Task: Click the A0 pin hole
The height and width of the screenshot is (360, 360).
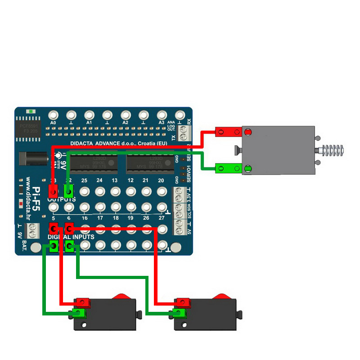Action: click(x=53, y=114)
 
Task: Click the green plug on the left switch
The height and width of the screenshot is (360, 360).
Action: click(x=79, y=313)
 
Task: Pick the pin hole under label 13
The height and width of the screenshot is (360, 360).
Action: click(x=115, y=191)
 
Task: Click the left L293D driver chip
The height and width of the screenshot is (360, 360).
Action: click(x=94, y=163)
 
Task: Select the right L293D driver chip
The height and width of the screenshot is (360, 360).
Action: click(x=150, y=163)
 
